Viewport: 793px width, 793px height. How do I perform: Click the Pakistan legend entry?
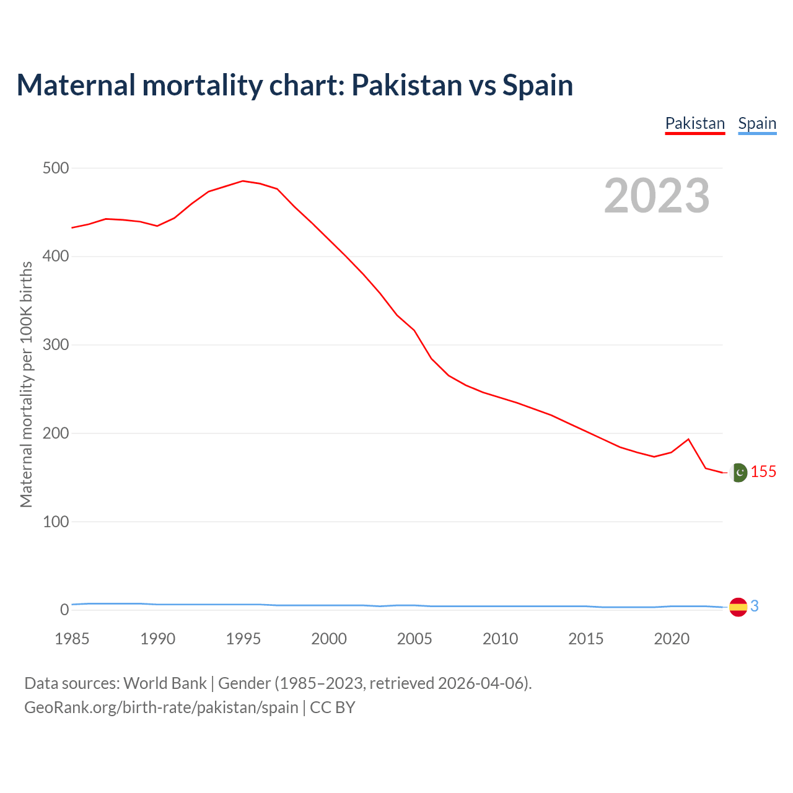[x=694, y=123]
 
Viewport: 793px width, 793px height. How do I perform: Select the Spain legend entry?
[x=757, y=123]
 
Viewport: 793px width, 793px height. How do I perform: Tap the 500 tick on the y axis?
[x=56, y=168]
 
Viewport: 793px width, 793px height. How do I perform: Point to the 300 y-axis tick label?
[x=56, y=344]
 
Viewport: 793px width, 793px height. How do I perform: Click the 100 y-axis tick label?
[x=56, y=522]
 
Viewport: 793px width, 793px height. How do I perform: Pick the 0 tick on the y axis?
[x=64, y=610]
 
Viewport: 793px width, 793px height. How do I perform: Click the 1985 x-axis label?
[x=72, y=639]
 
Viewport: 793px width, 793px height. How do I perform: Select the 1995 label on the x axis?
[x=243, y=639]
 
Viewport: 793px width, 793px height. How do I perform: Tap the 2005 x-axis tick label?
[x=414, y=639]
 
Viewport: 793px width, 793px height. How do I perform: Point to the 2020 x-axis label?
[x=672, y=639]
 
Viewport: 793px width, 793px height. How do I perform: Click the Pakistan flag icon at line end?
[x=738, y=473]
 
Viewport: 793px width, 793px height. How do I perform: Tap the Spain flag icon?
[x=738, y=607]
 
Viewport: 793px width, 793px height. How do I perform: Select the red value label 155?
[x=763, y=472]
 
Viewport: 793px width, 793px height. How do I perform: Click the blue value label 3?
[x=755, y=607]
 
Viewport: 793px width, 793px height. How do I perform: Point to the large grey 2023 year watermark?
[x=657, y=196]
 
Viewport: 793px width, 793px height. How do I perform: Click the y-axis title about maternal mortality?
[x=26, y=384]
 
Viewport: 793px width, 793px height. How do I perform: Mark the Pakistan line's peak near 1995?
[x=243, y=181]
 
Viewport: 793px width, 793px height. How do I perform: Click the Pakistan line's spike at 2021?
[x=688, y=439]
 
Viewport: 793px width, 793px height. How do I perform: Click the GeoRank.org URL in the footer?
[x=161, y=708]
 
